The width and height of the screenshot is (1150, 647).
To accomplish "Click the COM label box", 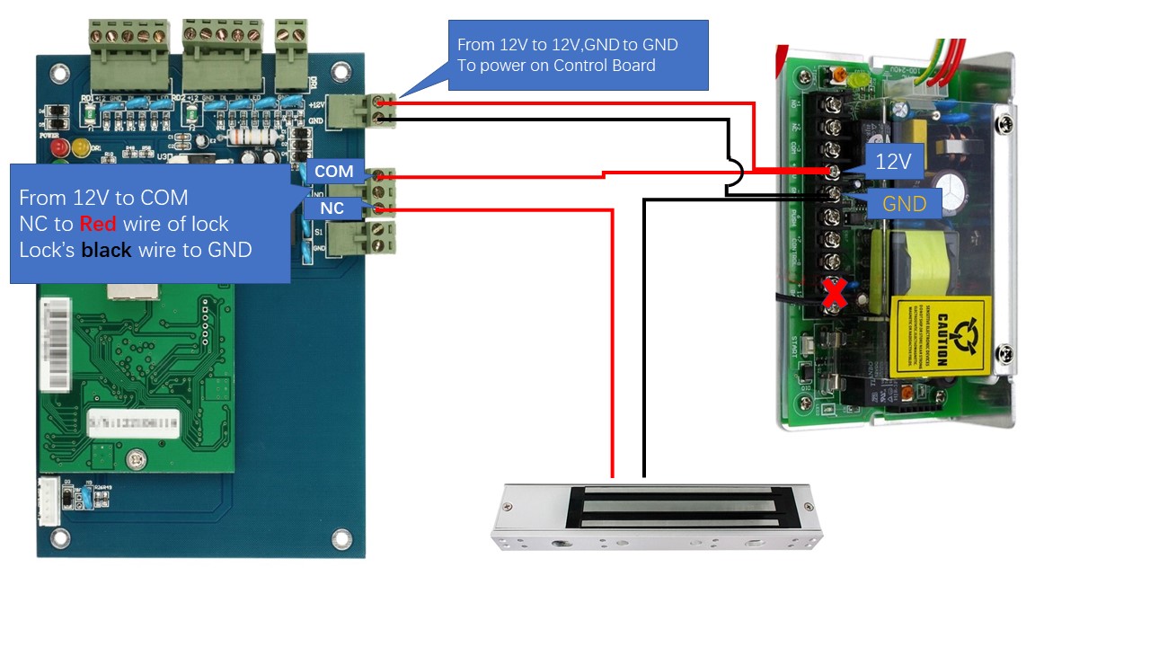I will (x=333, y=172).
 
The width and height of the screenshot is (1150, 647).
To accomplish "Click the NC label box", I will (x=332, y=208).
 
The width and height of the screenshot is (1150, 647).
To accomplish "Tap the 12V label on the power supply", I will (x=893, y=162).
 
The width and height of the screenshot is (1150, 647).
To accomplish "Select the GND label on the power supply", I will (x=903, y=203).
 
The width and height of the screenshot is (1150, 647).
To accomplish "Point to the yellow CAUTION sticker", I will (x=942, y=335).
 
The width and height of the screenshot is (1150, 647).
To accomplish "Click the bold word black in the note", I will (x=106, y=250).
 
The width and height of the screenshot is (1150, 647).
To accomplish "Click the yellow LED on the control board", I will (x=80, y=146).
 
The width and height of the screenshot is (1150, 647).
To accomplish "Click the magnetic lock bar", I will (x=659, y=515).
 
